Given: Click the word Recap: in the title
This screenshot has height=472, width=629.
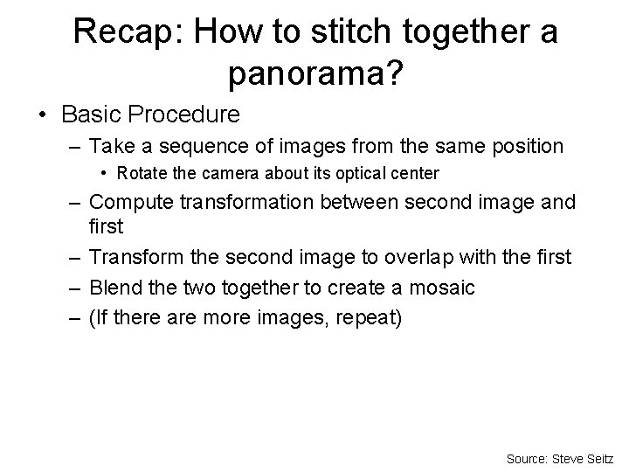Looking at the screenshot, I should (x=129, y=32).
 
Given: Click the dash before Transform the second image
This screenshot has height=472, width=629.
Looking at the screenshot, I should (x=75, y=258).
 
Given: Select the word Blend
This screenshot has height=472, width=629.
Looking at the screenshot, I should (x=115, y=288).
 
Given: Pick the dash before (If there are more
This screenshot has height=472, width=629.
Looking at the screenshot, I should (x=75, y=316).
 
